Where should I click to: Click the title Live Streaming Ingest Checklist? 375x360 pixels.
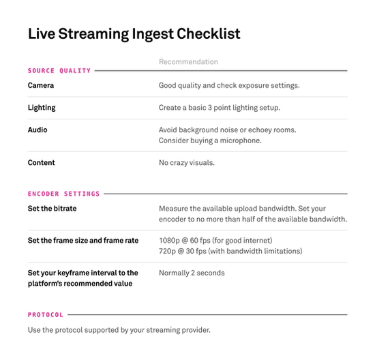134,34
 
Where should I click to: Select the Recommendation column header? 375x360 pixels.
188,62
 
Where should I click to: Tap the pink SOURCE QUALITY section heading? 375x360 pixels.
59,70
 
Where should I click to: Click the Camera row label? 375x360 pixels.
41,86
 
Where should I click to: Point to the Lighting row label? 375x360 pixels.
42,108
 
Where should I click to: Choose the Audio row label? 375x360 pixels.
37,130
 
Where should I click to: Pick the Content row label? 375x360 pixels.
42,163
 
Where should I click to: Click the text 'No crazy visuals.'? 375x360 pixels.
187,163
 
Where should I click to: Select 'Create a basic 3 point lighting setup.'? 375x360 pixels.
219,108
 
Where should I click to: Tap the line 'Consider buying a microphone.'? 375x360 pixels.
210,140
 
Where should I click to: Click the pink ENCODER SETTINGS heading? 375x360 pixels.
63,194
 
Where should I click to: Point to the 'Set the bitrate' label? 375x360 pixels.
52,209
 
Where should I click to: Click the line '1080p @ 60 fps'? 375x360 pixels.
215,241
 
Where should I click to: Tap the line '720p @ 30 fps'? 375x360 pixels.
230,252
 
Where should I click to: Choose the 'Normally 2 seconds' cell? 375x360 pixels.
192,273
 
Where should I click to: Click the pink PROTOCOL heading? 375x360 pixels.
46,315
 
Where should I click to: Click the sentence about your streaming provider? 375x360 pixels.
119,331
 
